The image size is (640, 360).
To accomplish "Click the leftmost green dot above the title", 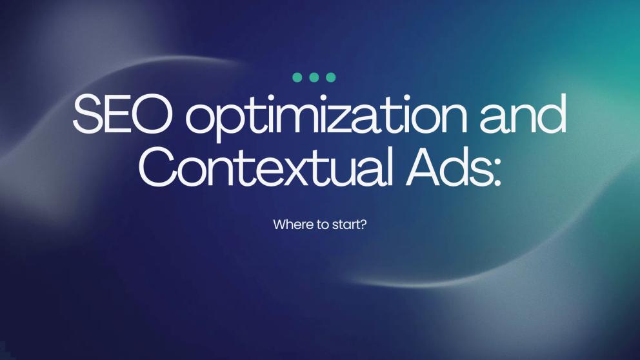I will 297,77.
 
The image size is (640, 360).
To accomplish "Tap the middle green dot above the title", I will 314,77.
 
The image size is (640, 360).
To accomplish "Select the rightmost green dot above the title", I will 331,77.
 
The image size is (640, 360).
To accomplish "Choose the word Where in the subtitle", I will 289,225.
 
